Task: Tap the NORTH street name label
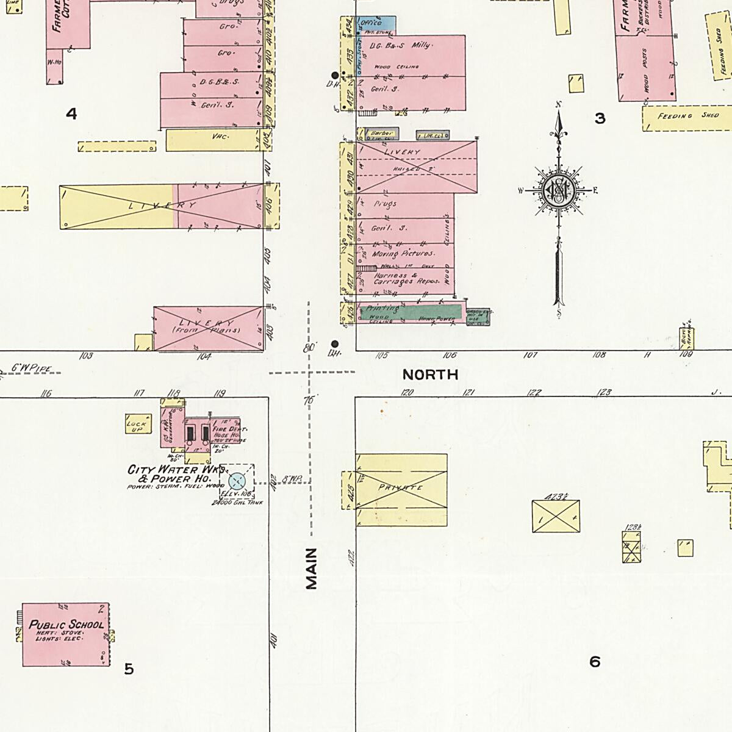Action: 430,375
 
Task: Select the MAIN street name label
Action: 312,568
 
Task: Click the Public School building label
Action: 66,625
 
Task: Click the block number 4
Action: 72,113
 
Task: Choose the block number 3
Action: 600,118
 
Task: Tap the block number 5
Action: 129,669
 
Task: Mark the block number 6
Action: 595,661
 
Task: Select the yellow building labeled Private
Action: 401,489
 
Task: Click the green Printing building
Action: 421,312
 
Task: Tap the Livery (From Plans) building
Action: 207,328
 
